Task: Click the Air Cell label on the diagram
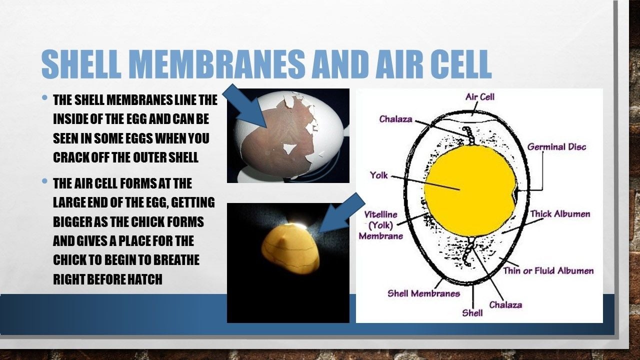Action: (x=479, y=97)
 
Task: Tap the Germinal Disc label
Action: (x=556, y=147)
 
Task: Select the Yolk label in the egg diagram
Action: (x=379, y=175)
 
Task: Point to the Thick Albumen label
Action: (x=560, y=213)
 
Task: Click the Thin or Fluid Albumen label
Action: (x=548, y=270)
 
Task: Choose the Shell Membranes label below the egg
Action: (x=423, y=293)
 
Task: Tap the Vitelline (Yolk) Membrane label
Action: (x=381, y=225)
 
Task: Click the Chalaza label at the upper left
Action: (x=395, y=119)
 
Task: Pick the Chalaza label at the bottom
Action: (x=505, y=305)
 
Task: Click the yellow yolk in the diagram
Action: (x=470, y=191)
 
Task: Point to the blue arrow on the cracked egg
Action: (x=245, y=105)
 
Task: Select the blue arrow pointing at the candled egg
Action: (x=341, y=212)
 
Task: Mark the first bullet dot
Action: (x=44, y=97)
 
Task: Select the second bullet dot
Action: (x=44, y=181)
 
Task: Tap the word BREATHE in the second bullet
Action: (x=176, y=259)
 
